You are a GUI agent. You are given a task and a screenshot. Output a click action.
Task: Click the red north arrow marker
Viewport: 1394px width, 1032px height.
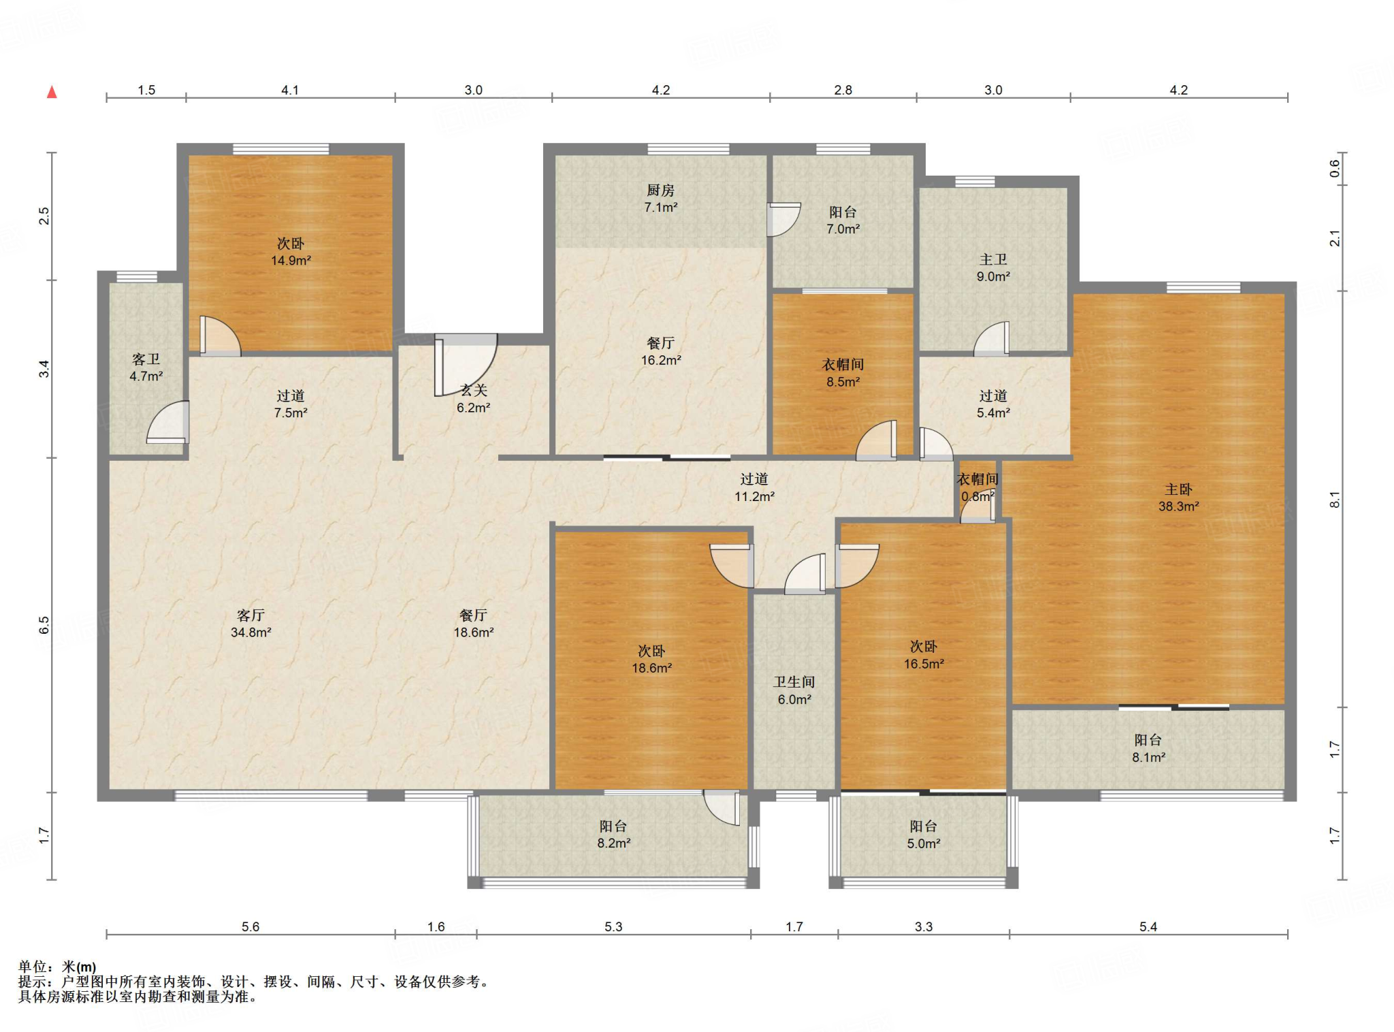coord(52,92)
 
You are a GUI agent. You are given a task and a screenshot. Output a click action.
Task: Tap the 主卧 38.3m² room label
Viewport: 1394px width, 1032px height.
coord(1178,498)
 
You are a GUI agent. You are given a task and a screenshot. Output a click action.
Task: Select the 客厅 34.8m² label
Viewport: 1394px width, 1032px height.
coord(250,624)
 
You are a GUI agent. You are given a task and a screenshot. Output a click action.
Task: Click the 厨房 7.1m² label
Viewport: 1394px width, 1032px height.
coord(660,198)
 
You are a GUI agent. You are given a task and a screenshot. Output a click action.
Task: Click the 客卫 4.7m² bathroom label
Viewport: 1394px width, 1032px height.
coord(146,367)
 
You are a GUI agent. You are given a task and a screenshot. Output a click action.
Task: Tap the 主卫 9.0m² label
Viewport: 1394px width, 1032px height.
coord(993,268)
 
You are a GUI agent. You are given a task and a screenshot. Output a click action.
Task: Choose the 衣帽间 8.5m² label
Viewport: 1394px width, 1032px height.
coord(843,373)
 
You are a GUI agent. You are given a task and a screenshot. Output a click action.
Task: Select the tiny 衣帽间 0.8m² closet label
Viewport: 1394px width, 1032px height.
coord(977,487)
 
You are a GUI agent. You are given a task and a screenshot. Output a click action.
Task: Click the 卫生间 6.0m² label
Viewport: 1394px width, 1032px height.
coord(794,690)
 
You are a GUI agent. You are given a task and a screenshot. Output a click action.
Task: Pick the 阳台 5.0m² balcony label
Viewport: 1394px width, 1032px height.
coord(923,835)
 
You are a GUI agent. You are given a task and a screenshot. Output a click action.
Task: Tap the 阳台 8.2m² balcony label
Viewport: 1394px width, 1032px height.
coord(613,835)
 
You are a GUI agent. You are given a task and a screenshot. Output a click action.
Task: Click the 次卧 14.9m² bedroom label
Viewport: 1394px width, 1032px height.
coord(291,252)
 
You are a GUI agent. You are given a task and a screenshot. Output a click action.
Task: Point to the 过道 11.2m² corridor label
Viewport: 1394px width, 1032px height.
coord(754,487)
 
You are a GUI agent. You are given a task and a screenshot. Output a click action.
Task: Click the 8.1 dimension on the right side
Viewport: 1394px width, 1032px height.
coord(1335,499)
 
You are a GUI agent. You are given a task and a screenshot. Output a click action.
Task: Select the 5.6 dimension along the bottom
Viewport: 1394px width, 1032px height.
coord(250,926)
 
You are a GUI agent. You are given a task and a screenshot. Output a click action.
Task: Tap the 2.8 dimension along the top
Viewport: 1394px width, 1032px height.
coord(843,90)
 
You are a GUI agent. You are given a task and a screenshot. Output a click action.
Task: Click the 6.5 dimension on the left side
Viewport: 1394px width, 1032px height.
coord(44,625)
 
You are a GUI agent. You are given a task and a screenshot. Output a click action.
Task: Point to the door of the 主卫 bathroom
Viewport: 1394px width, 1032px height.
coord(992,338)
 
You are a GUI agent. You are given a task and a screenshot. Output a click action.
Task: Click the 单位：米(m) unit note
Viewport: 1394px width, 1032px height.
coord(57,967)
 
